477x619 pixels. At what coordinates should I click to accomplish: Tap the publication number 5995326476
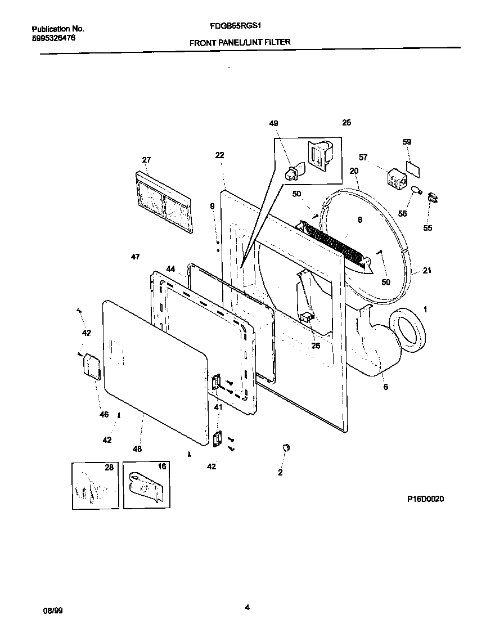53,38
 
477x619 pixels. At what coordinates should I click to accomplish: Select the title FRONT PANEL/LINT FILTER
240,42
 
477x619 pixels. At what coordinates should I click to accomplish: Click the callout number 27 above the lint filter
146,160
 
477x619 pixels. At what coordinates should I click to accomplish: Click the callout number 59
407,142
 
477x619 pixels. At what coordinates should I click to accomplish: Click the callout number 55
428,228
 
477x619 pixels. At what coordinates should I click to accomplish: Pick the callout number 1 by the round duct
425,309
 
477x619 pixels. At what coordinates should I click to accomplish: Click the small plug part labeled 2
285,447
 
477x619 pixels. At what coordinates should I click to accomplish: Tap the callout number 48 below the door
137,449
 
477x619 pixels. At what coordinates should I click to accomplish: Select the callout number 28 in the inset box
109,467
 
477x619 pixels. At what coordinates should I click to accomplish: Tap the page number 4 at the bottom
247,607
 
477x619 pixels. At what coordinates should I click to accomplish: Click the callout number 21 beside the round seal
427,271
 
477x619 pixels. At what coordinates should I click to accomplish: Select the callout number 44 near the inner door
170,269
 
